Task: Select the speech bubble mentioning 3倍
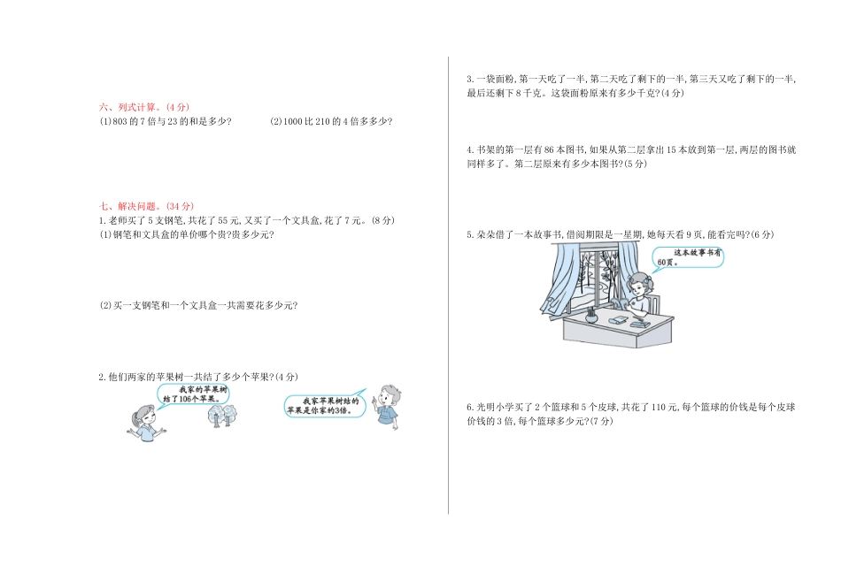[323, 405]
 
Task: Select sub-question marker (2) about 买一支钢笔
[105, 305]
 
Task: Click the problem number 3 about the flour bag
[469, 79]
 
